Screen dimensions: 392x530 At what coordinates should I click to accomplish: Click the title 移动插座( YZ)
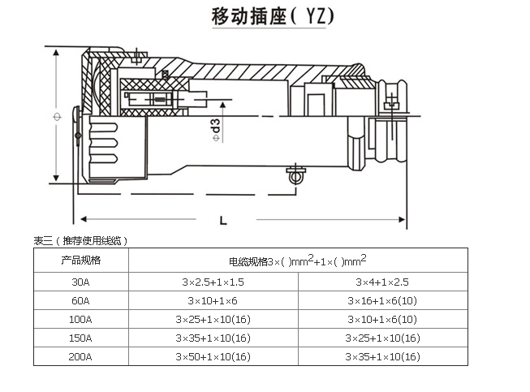tap(265, 17)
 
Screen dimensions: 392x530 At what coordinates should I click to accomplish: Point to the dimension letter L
tap(222, 220)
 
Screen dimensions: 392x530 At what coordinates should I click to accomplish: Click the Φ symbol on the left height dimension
tap(56, 118)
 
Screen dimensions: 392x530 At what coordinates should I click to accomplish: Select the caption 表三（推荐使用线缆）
tap(81, 240)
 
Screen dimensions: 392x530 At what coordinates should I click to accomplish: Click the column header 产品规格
tap(81, 261)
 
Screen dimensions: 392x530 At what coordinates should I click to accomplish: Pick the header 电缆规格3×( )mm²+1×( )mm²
tap(297, 261)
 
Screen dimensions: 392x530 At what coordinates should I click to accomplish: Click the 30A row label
tap(81, 282)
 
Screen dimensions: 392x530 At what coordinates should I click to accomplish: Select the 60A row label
tap(81, 300)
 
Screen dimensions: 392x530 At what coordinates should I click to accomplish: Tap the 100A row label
tap(81, 319)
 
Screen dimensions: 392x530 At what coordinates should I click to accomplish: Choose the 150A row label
tap(81, 338)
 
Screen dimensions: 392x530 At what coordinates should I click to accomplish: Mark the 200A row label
tap(81, 356)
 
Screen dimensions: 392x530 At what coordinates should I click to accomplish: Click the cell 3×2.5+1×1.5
tap(213, 282)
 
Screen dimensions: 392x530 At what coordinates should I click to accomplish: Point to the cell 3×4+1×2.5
tap(381, 282)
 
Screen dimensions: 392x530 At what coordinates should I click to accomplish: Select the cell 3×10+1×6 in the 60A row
tap(213, 300)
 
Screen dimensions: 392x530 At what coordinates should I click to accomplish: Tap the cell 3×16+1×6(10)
tap(381, 300)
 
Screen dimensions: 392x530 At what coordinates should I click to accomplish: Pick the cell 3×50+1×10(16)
tap(213, 356)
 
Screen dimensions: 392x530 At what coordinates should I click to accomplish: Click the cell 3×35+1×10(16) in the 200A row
tap(381, 356)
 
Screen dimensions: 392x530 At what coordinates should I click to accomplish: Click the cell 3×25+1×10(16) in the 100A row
tap(213, 319)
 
